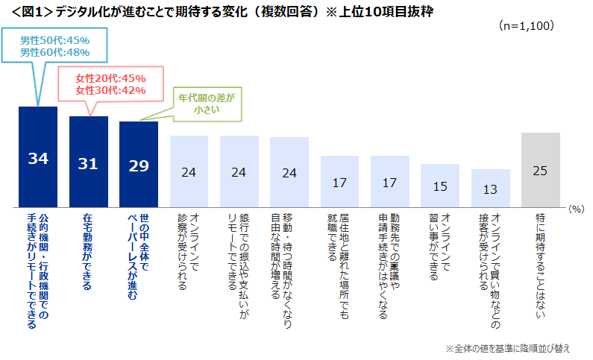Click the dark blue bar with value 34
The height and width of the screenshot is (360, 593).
38,157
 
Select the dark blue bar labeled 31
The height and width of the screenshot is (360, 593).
88,162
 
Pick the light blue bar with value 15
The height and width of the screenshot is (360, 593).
439,186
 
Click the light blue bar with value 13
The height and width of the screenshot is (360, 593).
490,188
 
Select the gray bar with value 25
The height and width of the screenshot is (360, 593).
541,170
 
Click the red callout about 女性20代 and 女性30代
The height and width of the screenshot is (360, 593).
110,84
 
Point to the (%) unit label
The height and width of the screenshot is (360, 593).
575,210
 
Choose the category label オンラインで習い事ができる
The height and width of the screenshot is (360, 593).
439,247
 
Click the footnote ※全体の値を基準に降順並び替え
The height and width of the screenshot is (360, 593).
508,348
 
